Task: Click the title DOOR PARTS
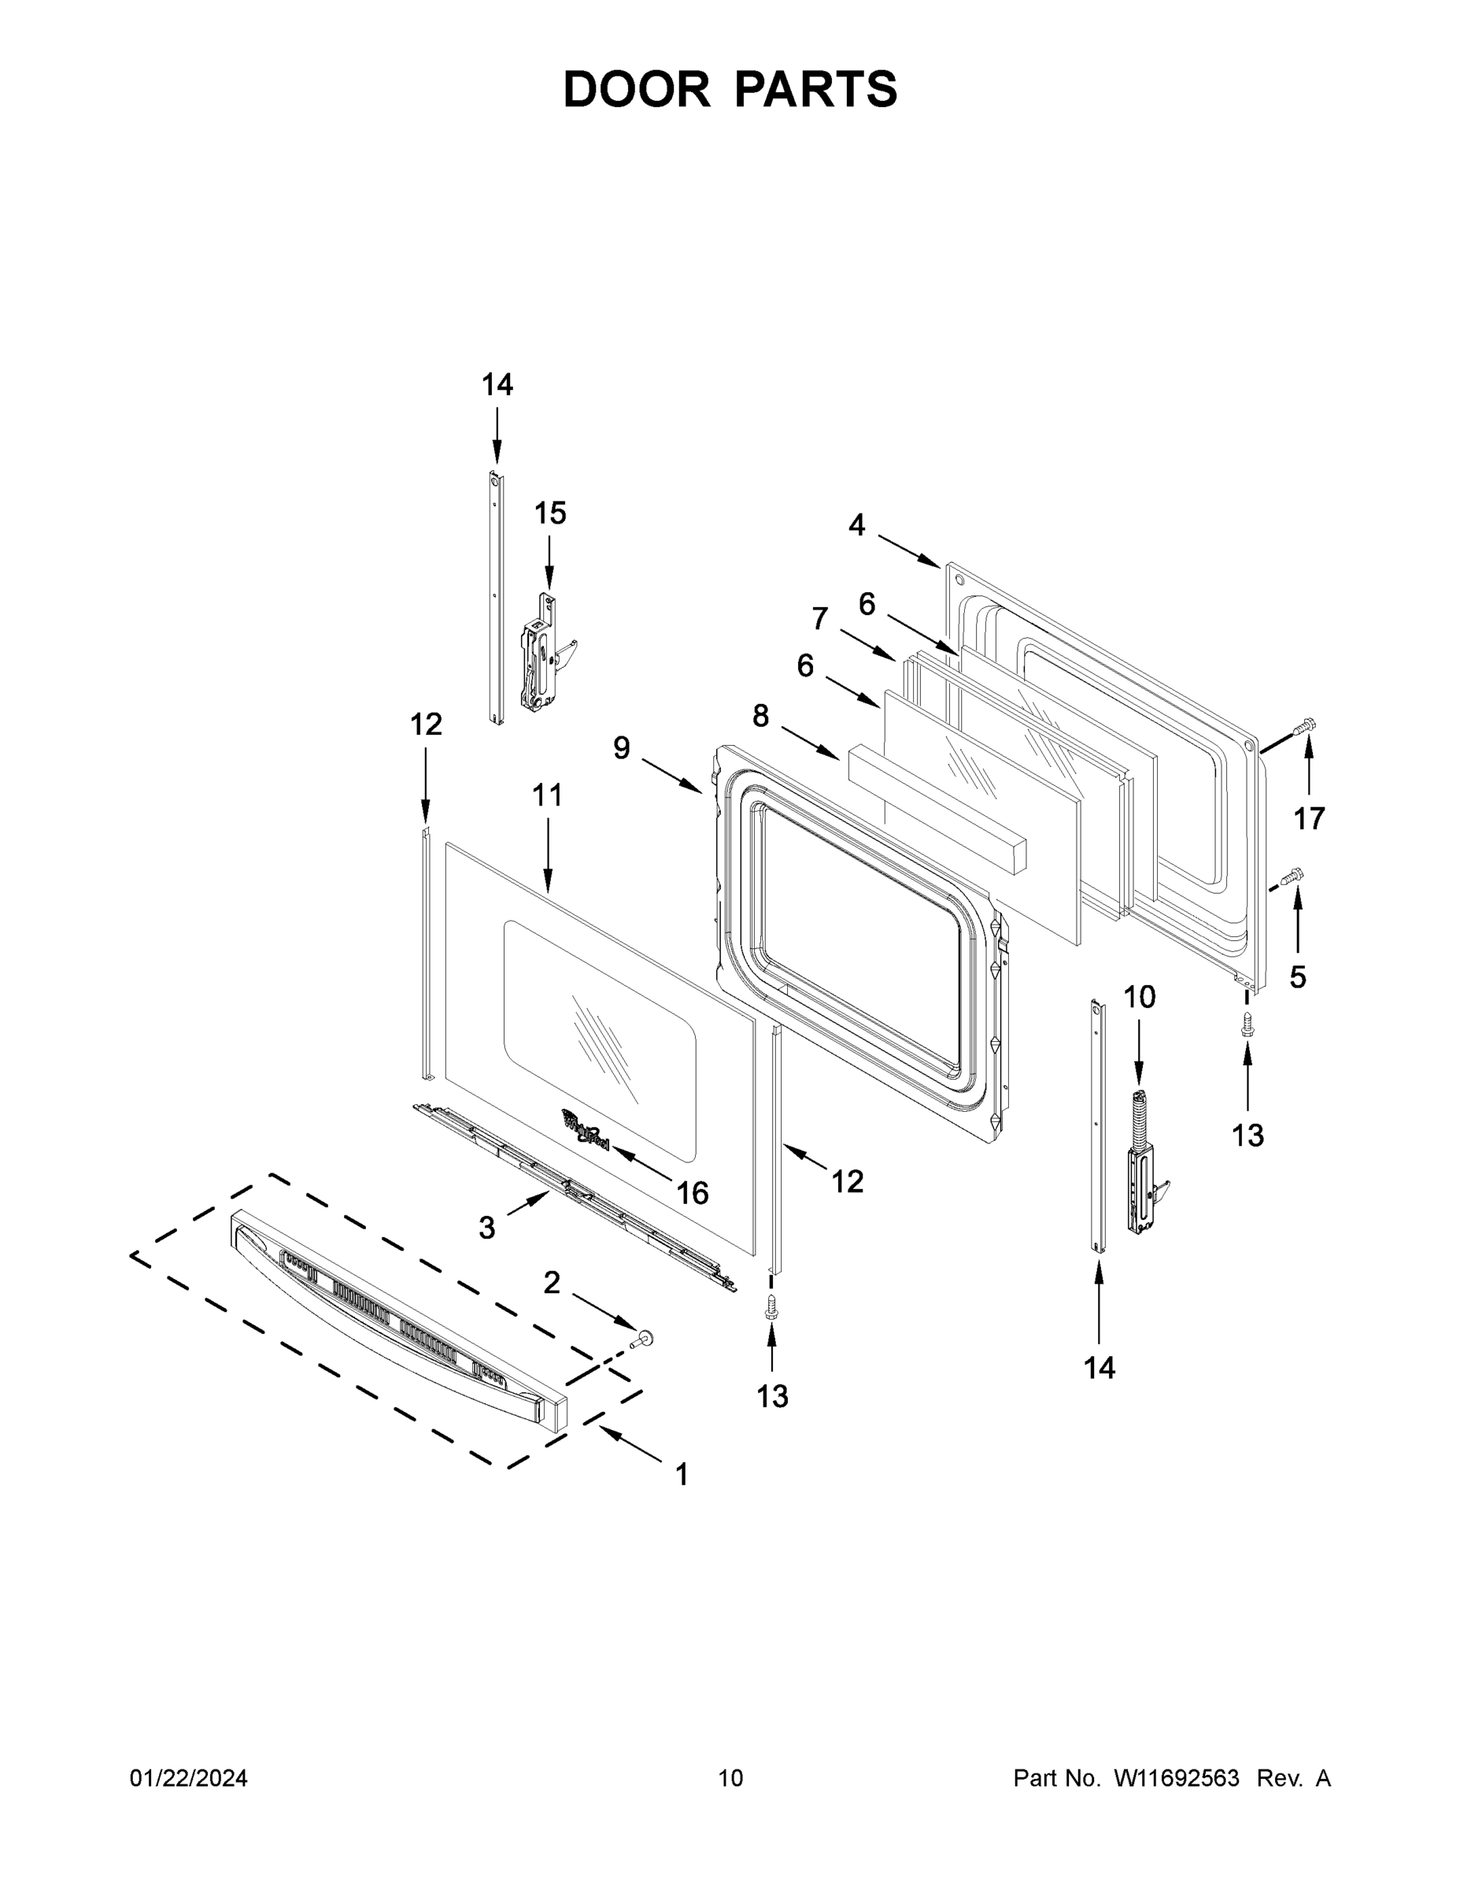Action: tap(730, 90)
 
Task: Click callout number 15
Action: tap(549, 513)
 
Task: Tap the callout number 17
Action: tap(1309, 817)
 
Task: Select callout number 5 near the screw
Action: tap(1297, 977)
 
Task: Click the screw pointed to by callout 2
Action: tap(641, 1340)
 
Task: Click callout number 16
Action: tap(692, 1193)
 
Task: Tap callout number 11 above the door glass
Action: tap(547, 795)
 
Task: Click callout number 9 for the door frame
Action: tap(621, 747)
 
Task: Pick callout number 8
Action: tap(760, 716)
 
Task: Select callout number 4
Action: tap(856, 524)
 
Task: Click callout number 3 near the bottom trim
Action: tap(487, 1227)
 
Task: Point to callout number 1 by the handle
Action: tap(682, 1473)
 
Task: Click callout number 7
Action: tap(819, 619)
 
